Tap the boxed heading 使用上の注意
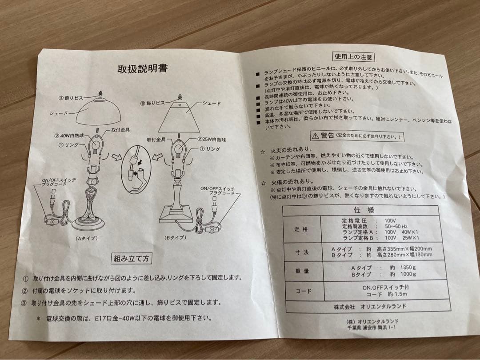pos(354,57)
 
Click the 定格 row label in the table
pos(302,229)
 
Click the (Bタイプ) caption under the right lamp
pos(175,238)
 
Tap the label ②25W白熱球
pos(213,140)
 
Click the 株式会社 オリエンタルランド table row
pos(370,306)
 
